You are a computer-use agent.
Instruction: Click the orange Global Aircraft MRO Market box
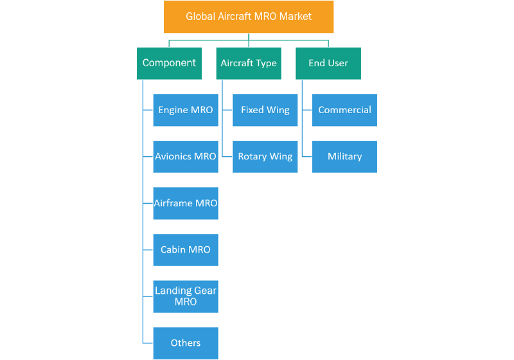(249, 17)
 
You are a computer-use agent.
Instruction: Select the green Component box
(169, 63)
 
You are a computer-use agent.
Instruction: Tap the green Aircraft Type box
(249, 63)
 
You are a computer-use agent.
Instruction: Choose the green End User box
(328, 63)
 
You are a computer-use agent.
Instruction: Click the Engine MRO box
(186, 110)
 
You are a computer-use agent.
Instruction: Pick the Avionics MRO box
(186, 157)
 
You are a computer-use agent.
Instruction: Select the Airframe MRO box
(186, 203)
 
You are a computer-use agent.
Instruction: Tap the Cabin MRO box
(186, 250)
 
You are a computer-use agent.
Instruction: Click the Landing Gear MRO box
(186, 296)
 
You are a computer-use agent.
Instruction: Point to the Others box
(186, 343)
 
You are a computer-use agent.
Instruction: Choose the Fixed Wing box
(265, 110)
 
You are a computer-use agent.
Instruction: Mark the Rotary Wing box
(265, 157)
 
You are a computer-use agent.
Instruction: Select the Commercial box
(344, 110)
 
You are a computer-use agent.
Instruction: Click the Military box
(344, 157)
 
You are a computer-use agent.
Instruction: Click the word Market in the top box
(296, 17)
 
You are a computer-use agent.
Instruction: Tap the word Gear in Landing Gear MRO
(205, 291)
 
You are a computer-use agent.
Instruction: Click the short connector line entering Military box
(307, 156)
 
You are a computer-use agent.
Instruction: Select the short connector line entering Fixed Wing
(227, 110)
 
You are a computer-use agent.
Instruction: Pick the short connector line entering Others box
(148, 343)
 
